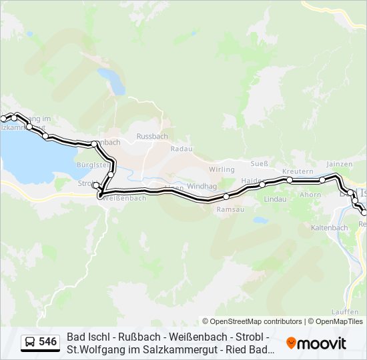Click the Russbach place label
point(152,136)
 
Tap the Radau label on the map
point(181,149)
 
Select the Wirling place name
point(222,169)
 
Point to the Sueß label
point(260,163)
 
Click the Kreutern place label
point(298,171)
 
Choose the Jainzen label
point(338,164)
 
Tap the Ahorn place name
point(310,195)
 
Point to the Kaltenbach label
point(330,227)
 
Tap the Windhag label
point(201,187)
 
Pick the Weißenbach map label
point(125,199)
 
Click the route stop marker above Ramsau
point(226,196)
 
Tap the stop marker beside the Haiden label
point(263,184)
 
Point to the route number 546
point(47,342)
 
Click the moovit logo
point(316,343)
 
